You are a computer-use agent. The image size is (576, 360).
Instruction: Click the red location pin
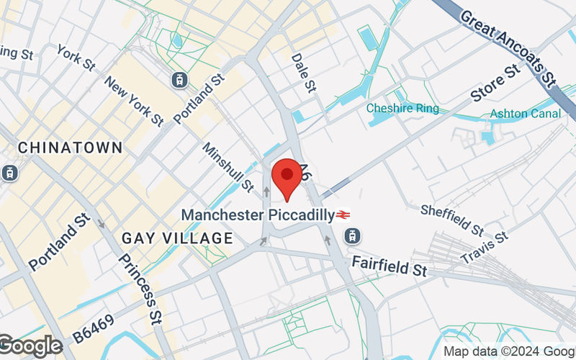pos(287,177)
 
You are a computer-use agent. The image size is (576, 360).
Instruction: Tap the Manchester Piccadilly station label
pos(257,215)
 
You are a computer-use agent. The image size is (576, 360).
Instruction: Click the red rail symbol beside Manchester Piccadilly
pos(343,215)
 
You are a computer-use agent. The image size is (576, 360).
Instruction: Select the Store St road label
pos(495,84)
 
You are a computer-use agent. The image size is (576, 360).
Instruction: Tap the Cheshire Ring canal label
pos(402,109)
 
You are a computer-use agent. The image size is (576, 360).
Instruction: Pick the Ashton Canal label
pos(525,114)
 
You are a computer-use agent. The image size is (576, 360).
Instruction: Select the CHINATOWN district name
pos(70,148)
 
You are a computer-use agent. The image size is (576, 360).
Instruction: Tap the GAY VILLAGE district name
pos(177,238)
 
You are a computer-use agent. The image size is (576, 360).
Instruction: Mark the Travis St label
pos(485,246)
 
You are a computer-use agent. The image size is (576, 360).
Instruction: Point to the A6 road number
pos(305,174)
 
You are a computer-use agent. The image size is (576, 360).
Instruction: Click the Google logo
pos(30,346)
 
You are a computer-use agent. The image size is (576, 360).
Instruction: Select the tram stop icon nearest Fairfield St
pos(352,235)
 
